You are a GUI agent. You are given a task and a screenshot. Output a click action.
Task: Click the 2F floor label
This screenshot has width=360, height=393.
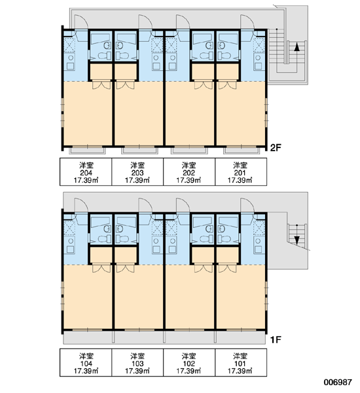[x=276, y=147]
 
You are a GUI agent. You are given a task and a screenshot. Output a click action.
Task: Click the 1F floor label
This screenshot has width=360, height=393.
[x=276, y=339]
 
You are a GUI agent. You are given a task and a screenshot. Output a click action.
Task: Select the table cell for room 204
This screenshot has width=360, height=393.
[x=86, y=172]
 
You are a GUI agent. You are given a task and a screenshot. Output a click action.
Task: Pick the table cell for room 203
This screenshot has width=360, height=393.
[x=137, y=172]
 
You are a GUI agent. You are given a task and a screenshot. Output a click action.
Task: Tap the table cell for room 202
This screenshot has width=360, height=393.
[x=189, y=172]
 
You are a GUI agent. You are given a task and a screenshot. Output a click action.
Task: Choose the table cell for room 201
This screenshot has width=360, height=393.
[x=241, y=172]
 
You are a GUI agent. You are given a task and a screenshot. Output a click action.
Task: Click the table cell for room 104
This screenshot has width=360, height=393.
[x=86, y=363]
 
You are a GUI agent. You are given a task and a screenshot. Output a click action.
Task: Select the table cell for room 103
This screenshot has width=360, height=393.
[x=137, y=363]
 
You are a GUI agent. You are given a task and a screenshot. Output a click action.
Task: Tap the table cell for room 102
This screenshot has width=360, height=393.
[x=189, y=363]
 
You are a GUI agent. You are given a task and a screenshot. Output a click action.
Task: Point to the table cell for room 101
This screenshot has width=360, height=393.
[x=241, y=363]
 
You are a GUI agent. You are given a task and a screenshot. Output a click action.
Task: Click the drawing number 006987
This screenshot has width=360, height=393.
[x=338, y=383]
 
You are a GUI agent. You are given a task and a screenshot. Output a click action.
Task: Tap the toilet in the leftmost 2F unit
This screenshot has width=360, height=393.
[x=105, y=55]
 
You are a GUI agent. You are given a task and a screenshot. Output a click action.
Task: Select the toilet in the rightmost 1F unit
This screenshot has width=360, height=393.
[x=225, y=238]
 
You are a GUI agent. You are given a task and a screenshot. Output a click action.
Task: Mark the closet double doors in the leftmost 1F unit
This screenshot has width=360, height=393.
[x=101, y=269]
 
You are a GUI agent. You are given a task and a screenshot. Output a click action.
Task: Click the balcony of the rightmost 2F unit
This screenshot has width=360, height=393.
[x=241, y=151]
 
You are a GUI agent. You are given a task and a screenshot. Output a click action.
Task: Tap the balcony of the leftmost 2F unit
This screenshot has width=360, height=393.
[x=87, y=151]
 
